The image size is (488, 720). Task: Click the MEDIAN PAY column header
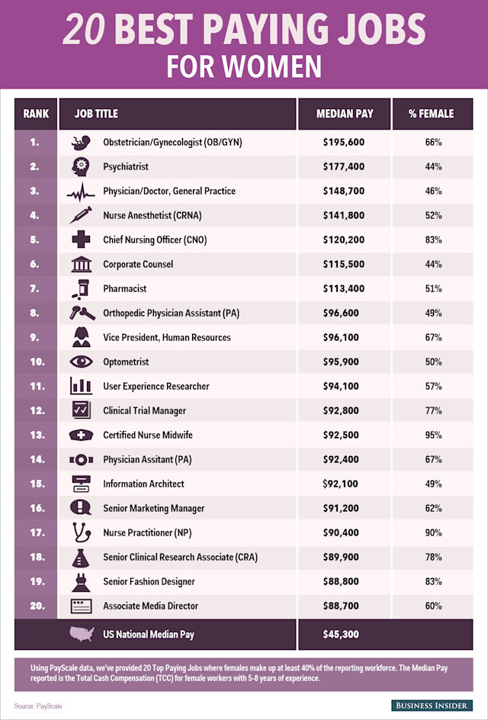(345, 114)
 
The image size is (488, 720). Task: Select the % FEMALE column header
(431, 114)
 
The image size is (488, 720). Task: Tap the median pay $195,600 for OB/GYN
(345, 142)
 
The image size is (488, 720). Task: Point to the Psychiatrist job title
(126, 166)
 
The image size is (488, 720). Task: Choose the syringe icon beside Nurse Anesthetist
(79, 215)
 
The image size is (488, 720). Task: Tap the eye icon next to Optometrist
(79, 362)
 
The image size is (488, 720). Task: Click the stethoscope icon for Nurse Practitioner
(79, 532)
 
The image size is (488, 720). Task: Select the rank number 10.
(36, 362)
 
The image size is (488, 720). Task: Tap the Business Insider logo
(432, 705)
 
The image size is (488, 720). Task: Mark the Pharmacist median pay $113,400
(345, 288)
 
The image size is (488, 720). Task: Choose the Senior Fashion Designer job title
(149, 581)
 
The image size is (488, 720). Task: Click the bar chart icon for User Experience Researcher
(79, 386)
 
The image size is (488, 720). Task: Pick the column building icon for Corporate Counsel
(79, 264)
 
